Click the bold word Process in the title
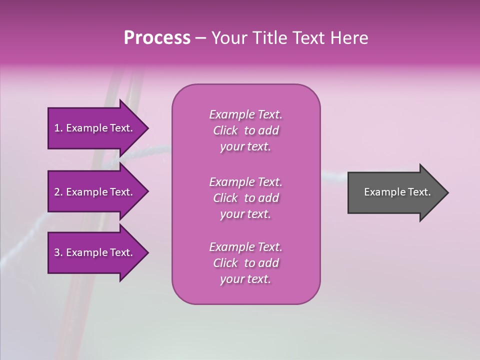(157, 38)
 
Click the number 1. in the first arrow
(58, 128)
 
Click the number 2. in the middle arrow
(58, 192)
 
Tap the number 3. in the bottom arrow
(58, 252)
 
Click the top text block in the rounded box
(245, 130)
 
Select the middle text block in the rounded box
(245, 198)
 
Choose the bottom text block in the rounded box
(245, 263)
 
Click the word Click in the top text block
(225, 130)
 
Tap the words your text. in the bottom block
(245, 279)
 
